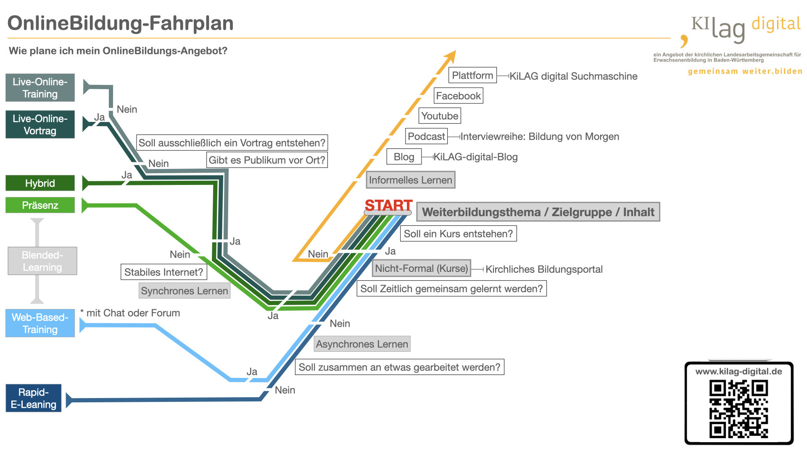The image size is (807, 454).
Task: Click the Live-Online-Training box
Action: [x=40, y=87]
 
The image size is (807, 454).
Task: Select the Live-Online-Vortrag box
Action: [x=40, y=124]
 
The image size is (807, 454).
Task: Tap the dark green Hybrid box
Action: [x=40, y=183]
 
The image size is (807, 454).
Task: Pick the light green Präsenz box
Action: [x=40, y=205]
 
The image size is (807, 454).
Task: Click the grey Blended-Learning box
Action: [x=42, y=261]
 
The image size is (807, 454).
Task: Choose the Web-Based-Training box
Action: [x=40, y=323]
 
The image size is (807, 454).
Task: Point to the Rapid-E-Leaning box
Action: [x=34, y=398]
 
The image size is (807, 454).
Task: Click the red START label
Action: [x=388, y=205]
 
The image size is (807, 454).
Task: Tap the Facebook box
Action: [x=458, y=96]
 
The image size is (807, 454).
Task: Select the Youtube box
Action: [x=440, y=116]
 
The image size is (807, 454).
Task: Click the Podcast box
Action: [x=426, y=136]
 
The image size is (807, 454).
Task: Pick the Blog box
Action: [x=404, y=157]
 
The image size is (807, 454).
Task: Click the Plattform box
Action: [x=472, y=76]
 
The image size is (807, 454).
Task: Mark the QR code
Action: [x=738, y=409]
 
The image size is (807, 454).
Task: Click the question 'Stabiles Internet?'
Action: [x=164, y=272]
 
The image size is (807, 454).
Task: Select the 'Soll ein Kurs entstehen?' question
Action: [x=458, y=234]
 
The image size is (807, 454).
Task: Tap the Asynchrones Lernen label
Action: [x=362, y=344]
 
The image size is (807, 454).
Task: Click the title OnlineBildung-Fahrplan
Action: [x=120, y=23]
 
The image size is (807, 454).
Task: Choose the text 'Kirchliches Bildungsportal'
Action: [x=544, y=269]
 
